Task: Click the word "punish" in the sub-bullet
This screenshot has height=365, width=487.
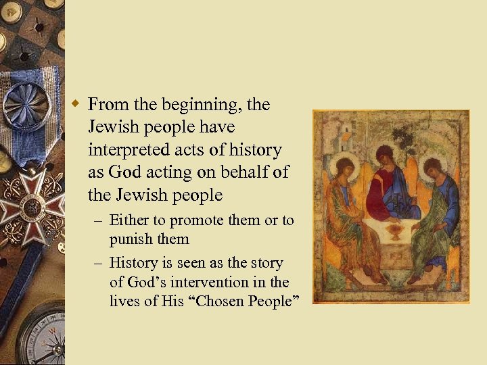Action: [131, 239]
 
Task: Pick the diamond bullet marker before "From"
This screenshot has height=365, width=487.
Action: [78, 103]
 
